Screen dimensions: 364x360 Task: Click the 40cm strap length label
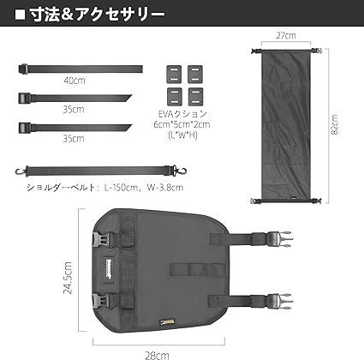(x=75, y=81)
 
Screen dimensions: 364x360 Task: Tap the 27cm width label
(x=286, y=35)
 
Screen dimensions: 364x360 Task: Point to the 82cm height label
(x=334, y=125)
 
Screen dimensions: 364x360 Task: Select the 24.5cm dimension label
(x=68, y=278)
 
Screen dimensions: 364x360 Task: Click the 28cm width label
(x=157, y=356)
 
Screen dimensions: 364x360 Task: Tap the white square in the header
(x=20, y=15)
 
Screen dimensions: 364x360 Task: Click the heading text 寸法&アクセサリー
(x=98, y=15)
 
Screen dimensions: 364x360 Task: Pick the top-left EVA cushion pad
(x=174, y=75)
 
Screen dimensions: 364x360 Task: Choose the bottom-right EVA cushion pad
(x=195, y=97)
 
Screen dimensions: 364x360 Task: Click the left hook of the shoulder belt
(x=20, y=171)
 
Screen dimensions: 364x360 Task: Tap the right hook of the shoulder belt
(x=182, y=171)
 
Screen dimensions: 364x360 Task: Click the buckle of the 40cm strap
(x=23, y=69)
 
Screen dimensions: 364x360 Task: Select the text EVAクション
(x=182, y=114)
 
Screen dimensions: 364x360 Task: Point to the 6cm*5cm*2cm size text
(x=182, y=124)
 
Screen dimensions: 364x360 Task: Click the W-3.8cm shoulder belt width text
(x=165, y=188)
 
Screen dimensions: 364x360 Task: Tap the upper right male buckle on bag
(x=279, y=239)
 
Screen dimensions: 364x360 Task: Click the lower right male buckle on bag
(x=279, y=302)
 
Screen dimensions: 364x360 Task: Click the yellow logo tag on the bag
(x=167, y=322)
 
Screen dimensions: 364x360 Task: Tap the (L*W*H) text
(x=183, y=135)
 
